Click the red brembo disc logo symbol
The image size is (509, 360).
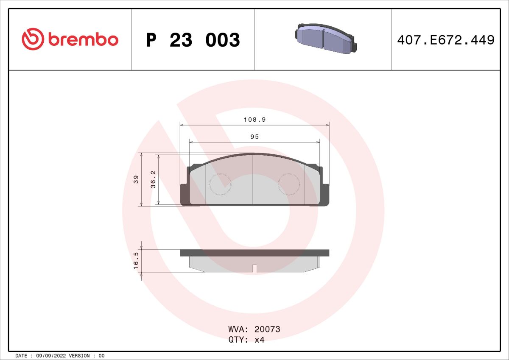coord(33,39)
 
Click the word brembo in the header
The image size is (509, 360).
coord(84,40)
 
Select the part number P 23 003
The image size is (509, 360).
coord(193,40)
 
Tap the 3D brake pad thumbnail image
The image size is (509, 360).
coord(326,39)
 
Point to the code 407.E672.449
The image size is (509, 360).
coord(446,40)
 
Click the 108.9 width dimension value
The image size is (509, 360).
coord(255,120)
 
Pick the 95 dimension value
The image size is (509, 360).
coord(255,137)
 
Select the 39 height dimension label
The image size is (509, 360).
coord(136,179)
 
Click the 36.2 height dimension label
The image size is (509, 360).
coord(153,179)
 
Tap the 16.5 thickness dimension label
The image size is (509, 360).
coord(136,260)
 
